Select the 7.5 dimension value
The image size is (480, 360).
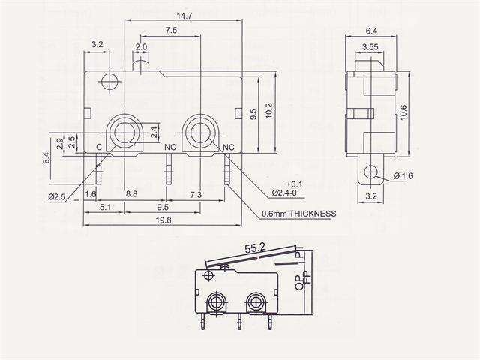[171, 31]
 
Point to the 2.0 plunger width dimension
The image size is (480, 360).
[141, 46]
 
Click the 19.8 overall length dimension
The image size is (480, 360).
[163, 220]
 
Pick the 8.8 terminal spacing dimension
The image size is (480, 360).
[131, 194]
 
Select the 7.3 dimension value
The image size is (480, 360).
[196, 194]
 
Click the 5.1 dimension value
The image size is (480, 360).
[106, 206]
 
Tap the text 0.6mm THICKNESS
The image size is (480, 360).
[298, 214]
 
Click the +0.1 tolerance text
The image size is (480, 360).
[294, 184]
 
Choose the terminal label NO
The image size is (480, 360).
[170, 148]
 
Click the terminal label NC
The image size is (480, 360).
[229, 148]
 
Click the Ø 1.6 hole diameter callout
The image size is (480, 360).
[403, 176]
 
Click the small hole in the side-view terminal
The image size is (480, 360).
[367, 173]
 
